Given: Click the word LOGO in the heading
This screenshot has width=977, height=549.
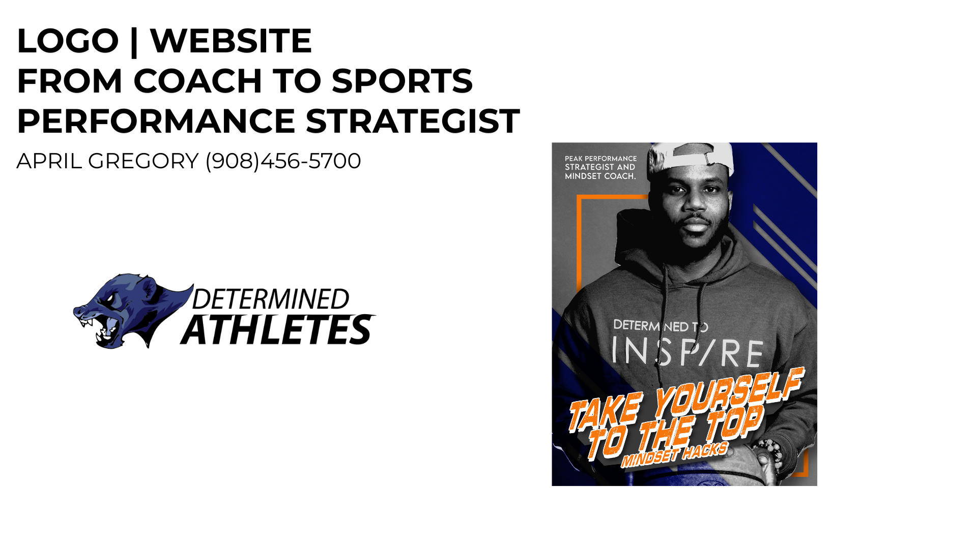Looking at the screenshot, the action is tap(68, 41).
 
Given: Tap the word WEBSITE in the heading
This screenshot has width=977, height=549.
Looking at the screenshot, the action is tap(231, 41).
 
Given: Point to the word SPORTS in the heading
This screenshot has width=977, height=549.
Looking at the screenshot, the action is tap(402, 81).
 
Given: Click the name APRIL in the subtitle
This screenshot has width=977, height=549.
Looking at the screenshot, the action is tap(49, 161).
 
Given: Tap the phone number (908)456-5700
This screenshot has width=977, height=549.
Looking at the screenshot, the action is tap(283, 161).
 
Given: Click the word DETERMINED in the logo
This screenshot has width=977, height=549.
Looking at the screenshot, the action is tap(271, 299).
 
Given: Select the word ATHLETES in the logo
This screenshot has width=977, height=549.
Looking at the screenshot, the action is tap(278, 330).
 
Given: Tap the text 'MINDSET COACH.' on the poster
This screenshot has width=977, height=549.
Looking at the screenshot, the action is tap(600, 176).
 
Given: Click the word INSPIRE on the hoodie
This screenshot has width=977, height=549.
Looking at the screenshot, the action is tap(687, 352).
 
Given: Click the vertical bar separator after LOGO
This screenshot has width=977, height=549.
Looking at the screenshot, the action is tap(134, 42).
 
